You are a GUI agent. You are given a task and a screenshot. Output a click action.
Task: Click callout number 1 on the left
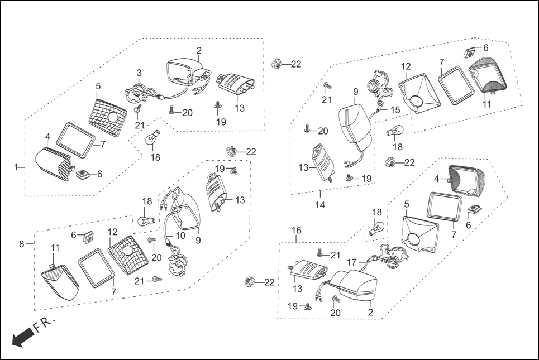click(16, 166)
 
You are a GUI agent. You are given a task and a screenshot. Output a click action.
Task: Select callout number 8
click(22, 244)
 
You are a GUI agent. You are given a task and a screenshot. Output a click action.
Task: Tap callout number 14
click(320, 204)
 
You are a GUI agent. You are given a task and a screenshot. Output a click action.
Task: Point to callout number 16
click(297, 230)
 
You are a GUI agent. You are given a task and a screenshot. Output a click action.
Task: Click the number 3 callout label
click(139, 73)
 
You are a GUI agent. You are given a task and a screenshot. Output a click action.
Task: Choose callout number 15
click(395, 111)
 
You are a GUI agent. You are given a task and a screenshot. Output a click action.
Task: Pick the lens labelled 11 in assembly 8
click(60, 282)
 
